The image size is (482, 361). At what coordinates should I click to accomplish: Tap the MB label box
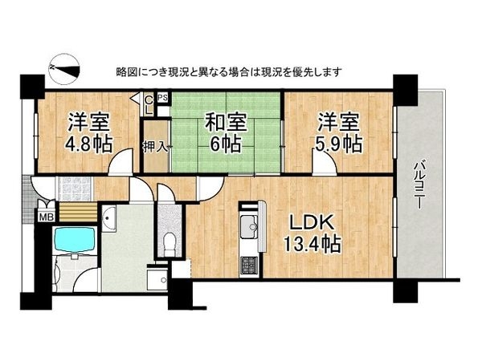point(47,215)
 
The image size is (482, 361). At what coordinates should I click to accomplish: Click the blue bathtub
point(73,240)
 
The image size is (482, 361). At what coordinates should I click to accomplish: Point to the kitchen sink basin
point(250,227)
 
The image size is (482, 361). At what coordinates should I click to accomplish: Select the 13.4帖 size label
point(309,244)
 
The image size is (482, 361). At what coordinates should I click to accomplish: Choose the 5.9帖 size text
point(338,145)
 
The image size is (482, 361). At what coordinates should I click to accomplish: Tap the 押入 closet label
point(155,146)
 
